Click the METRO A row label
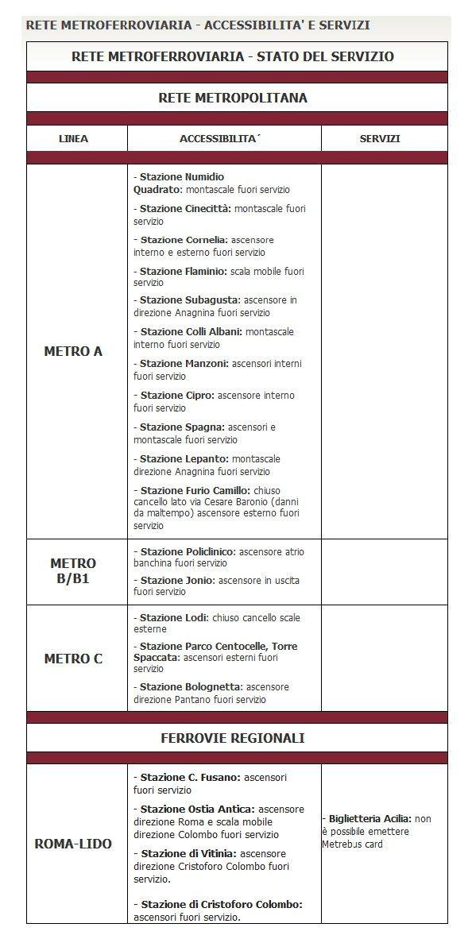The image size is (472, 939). (x=73, y=351)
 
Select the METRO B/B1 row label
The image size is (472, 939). (x=73, y=571)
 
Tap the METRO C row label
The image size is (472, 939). (x=73, y=659)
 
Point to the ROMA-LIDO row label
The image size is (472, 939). (x=73, y=844)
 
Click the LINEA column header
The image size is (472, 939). (x=74, y=139)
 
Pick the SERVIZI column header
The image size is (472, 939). (x=380, y=139)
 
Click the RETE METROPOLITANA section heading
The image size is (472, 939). (x=233, y=99)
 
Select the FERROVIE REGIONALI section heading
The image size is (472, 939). (x=233, y=738)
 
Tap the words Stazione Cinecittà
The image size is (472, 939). (x=185, y=209)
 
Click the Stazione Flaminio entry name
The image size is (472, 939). (x=182, y=272)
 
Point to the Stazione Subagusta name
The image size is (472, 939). (x=189, y=300)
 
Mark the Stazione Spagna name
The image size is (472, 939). (x=181, y=427)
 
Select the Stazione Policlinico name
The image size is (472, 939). (x=188, y=551)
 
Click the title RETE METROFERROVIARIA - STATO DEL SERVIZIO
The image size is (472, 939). (x=233, y=56)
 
